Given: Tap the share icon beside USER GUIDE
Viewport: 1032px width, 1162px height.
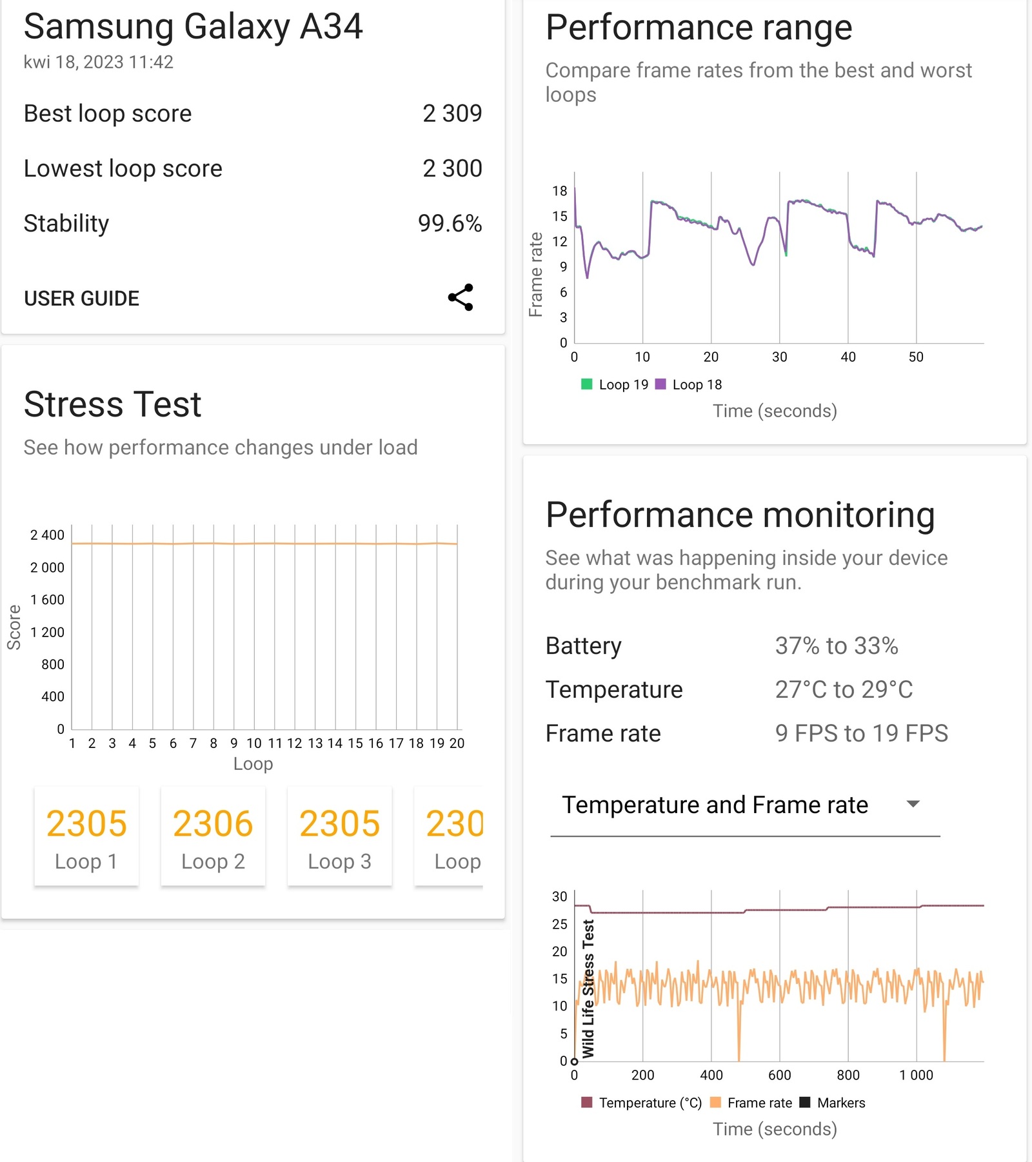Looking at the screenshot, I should [x=461, y=297].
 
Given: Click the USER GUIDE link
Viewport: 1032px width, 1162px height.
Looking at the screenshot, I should [x=81, y=299].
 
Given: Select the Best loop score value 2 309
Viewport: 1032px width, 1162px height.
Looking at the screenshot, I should [x=451, y=113].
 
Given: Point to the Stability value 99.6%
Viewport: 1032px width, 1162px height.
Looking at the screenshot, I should [x=449, y=223].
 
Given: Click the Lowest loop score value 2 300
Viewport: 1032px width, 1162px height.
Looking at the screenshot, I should [x=451, y=168].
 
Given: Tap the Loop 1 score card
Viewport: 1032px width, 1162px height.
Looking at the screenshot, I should [x=86, y=836].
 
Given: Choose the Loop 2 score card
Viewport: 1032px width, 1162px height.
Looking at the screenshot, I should [x=213, y=836].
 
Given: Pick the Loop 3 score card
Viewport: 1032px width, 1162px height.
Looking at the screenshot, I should [x=339, y=836].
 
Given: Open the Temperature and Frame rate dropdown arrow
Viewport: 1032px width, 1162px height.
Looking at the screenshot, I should [x=913, y=804].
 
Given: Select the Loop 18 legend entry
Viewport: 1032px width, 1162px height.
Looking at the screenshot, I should [x=689, y=384].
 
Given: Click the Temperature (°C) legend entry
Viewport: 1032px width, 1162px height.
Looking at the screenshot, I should [x=642, y=1103].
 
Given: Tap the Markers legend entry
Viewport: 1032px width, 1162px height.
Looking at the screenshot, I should [x=833, y=1103].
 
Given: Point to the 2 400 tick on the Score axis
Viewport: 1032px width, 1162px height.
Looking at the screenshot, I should [x=47, y=535].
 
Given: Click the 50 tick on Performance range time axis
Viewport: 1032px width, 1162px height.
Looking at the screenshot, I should [x=916, y=357].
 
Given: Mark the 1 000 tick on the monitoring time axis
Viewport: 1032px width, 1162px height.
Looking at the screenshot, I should [x=916, y=1075].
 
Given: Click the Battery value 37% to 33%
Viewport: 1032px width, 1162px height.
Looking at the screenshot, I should [x=836, y=645].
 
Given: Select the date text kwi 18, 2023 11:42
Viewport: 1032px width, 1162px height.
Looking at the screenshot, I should [x=99, y=62].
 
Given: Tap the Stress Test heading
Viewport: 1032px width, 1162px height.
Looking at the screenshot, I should [x=113, y=404].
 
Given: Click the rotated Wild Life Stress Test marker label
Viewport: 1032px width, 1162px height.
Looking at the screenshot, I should [x=588, y=989].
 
